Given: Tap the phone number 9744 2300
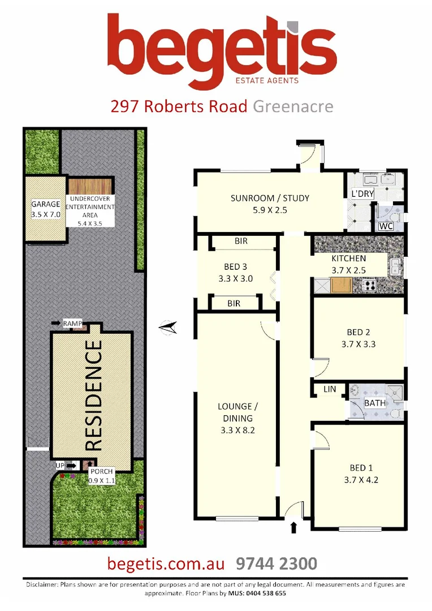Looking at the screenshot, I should point(276,563).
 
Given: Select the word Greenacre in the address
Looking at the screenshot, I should point(293,106).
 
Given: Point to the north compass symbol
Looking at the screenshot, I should point(169,327).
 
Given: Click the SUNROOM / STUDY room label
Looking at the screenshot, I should point(270,198).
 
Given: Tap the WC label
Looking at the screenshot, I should point(386,226).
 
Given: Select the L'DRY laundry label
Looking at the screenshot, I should point(362,194).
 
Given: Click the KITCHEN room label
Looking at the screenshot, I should point(348,259).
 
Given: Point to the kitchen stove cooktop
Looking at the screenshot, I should point(369,285).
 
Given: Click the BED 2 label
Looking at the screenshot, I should point(358,332).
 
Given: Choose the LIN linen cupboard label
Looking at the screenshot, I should point(329,390).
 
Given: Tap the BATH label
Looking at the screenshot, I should point(374,403).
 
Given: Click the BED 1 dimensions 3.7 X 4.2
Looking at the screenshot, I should point(358,480).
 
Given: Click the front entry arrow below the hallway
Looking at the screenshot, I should point(293,528).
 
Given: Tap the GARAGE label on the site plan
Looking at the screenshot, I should point(45,204).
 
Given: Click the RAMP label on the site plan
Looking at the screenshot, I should point(72,323).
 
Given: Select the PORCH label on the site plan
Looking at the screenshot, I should point(102,472).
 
